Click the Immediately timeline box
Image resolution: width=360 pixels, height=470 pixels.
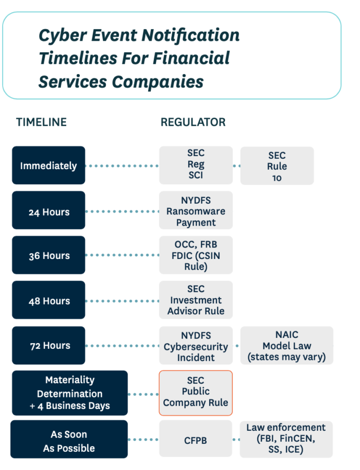[49, 166]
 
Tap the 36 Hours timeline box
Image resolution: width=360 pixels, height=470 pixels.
[49, 255]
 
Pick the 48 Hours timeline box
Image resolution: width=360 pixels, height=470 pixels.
[49, 300]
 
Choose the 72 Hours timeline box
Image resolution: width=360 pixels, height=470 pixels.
[49, 345]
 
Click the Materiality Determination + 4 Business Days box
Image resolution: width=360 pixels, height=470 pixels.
[69, 393]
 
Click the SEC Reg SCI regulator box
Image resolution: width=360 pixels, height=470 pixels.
[196, 165]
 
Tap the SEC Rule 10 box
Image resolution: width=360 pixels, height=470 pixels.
[277, 166]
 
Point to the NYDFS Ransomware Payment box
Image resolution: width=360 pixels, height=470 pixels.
[196, 210]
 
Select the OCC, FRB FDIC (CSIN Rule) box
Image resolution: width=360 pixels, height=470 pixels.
[196, 255]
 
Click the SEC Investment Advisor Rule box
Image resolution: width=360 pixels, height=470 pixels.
[196, 300]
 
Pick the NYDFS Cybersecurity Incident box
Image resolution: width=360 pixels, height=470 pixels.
[196, 346]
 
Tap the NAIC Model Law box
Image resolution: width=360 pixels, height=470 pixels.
[286, 346]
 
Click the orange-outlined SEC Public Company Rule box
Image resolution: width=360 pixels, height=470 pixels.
[196, 393]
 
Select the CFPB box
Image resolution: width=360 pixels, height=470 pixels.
[196, 440]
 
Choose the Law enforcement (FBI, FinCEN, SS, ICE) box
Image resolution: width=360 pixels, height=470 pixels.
[286, 439]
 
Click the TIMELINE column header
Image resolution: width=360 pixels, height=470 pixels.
[42, 122]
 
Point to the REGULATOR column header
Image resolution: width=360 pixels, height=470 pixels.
[193, 122]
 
